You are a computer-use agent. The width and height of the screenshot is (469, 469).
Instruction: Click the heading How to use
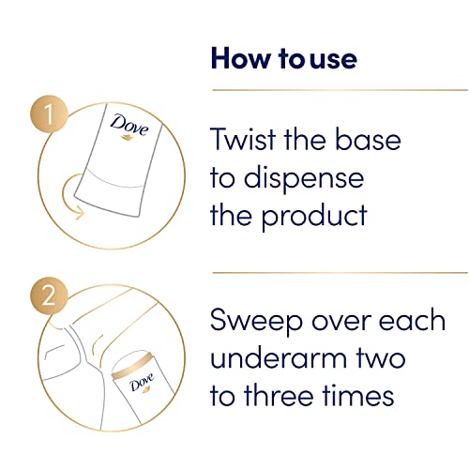283,59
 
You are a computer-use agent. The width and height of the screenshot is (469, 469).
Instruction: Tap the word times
361,396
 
